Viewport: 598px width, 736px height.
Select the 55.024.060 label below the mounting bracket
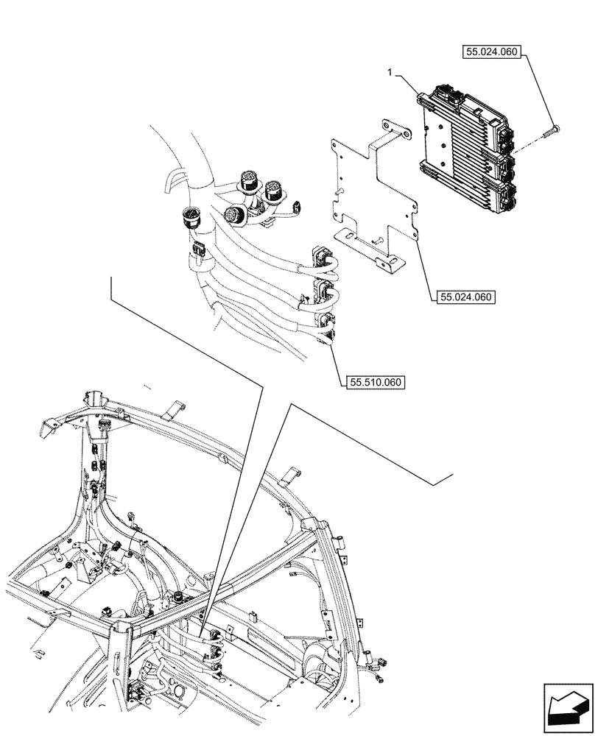click(x=465, y=297)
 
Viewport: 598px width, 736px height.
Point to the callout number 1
click(x=392, y=74)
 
